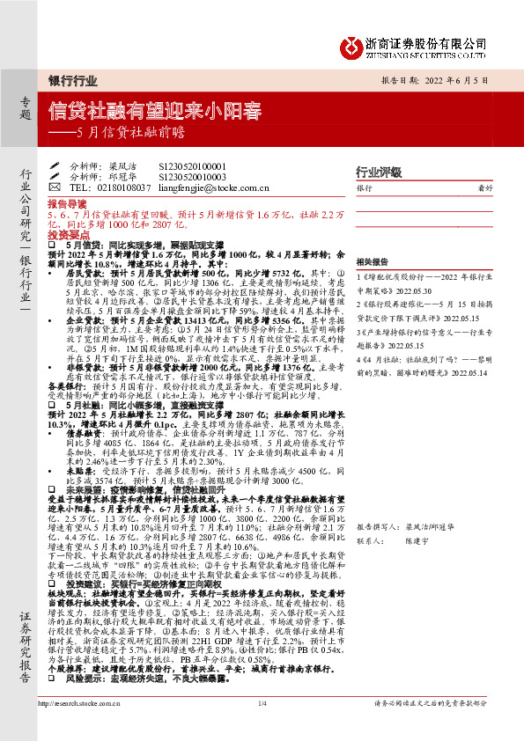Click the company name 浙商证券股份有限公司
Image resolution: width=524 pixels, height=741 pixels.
click(439, 41)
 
